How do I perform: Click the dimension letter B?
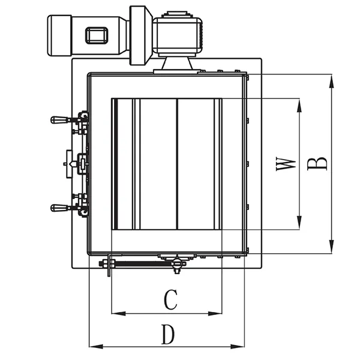319,163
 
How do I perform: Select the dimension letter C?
171,299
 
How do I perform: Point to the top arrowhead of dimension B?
331,79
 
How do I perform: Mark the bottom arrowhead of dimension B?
331,249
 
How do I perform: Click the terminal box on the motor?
97,35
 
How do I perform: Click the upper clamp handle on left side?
60,120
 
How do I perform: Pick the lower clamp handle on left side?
60,208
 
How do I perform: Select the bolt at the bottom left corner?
108,267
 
